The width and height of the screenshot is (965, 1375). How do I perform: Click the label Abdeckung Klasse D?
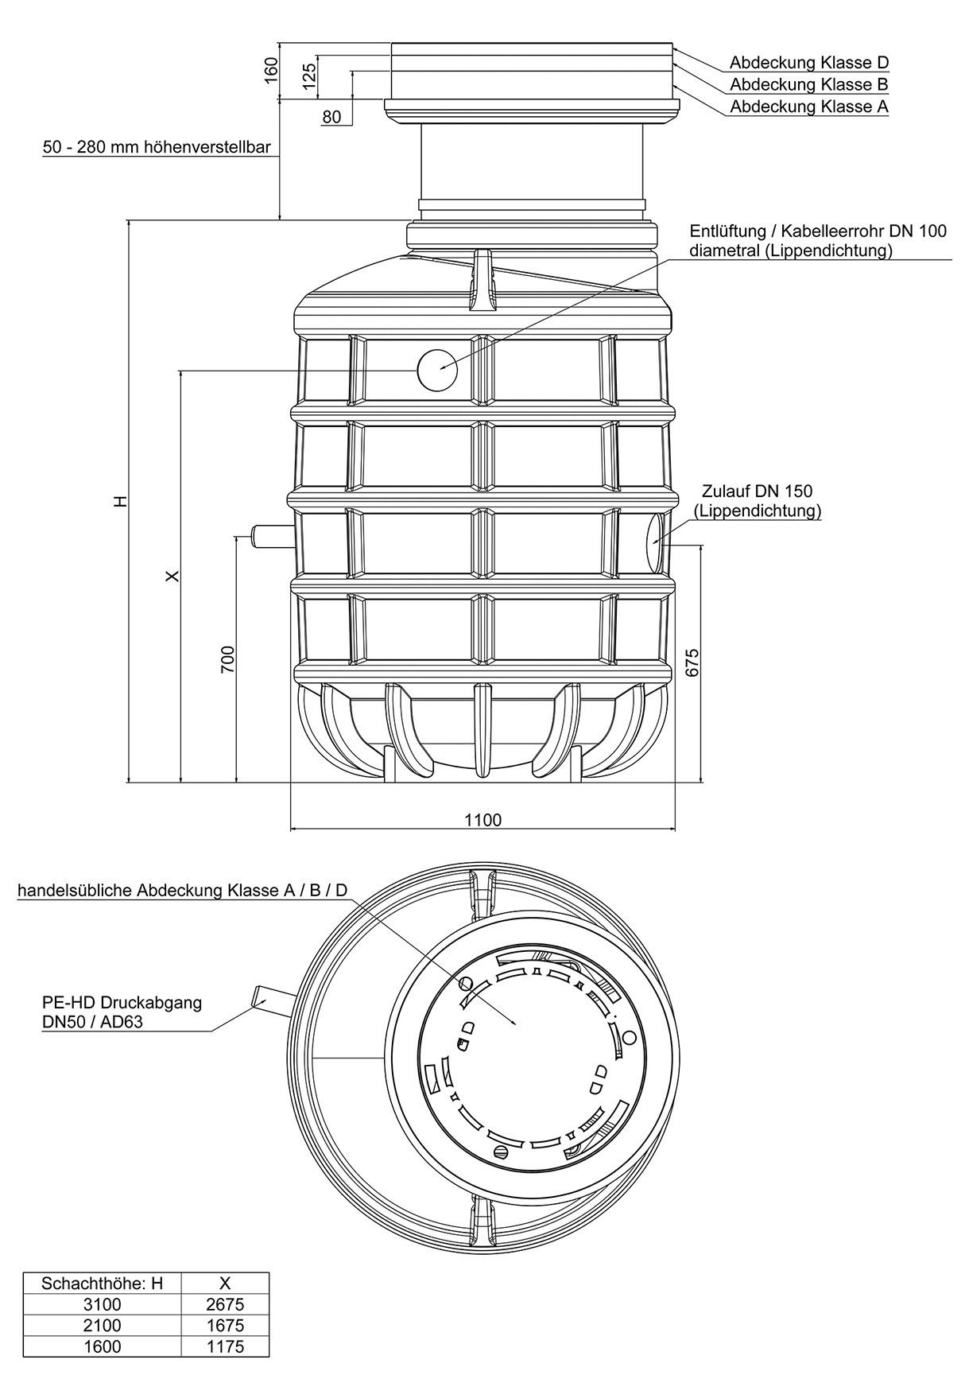tap(808, 63)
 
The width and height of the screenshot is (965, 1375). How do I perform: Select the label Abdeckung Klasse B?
tap(808, 84)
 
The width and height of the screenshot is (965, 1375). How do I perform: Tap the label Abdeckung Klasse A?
tap(808, 106)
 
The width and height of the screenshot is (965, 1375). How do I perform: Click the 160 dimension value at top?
tap(271, 70)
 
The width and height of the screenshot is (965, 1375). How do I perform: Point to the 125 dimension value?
tap(309, 74)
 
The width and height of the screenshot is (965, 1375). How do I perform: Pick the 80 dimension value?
tap(331, 118)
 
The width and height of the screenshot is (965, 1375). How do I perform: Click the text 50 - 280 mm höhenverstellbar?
tap(157, 148)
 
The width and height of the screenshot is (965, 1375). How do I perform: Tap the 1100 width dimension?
tap(482, 820)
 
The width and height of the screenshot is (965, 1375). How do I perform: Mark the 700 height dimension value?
tap(227, 659)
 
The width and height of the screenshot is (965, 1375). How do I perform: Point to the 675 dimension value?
tap(692, 662)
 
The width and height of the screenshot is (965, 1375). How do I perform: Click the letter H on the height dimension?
tap(119, 501)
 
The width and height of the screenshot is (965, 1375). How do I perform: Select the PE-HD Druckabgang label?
tap(122, 1012)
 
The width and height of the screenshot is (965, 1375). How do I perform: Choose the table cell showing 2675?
tap(225, 1304)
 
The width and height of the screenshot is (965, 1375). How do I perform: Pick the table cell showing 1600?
tap(103, 1346)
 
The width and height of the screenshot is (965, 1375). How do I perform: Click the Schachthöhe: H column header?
tap(103, 1283)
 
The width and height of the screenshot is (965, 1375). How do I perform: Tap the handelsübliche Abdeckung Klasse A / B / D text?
tap(183, 890)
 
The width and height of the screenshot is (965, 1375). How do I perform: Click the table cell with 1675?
tap(225, 1326)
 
